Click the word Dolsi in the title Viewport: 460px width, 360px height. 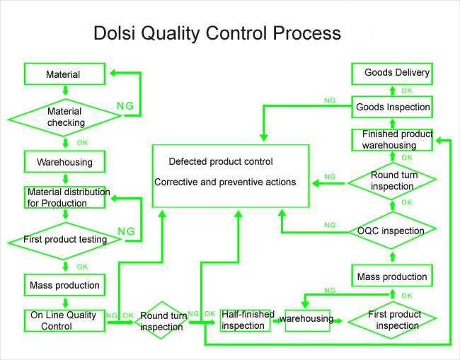(115, 33)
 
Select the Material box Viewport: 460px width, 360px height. (64, 74)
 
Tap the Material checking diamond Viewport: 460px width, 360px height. (65, 117)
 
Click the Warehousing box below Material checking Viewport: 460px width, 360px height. (64, 162)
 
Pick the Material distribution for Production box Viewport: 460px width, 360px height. (64, 197)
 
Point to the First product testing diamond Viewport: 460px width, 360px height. (65, 240)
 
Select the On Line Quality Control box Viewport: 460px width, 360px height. (64, 320)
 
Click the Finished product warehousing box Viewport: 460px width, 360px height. (392, 139)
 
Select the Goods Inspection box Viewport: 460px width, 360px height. (392, 107)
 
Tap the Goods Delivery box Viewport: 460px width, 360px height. (392, 73)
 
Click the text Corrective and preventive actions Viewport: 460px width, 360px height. (225, 182)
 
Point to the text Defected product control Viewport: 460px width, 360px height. (221, 161)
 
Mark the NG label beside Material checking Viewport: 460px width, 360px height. (125, 107)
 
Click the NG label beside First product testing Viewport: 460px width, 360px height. (126, 231)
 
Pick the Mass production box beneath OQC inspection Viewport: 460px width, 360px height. (392, 276)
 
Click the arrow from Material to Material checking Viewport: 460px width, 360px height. (65, 91)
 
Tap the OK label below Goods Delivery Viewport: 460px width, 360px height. (407, 91)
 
